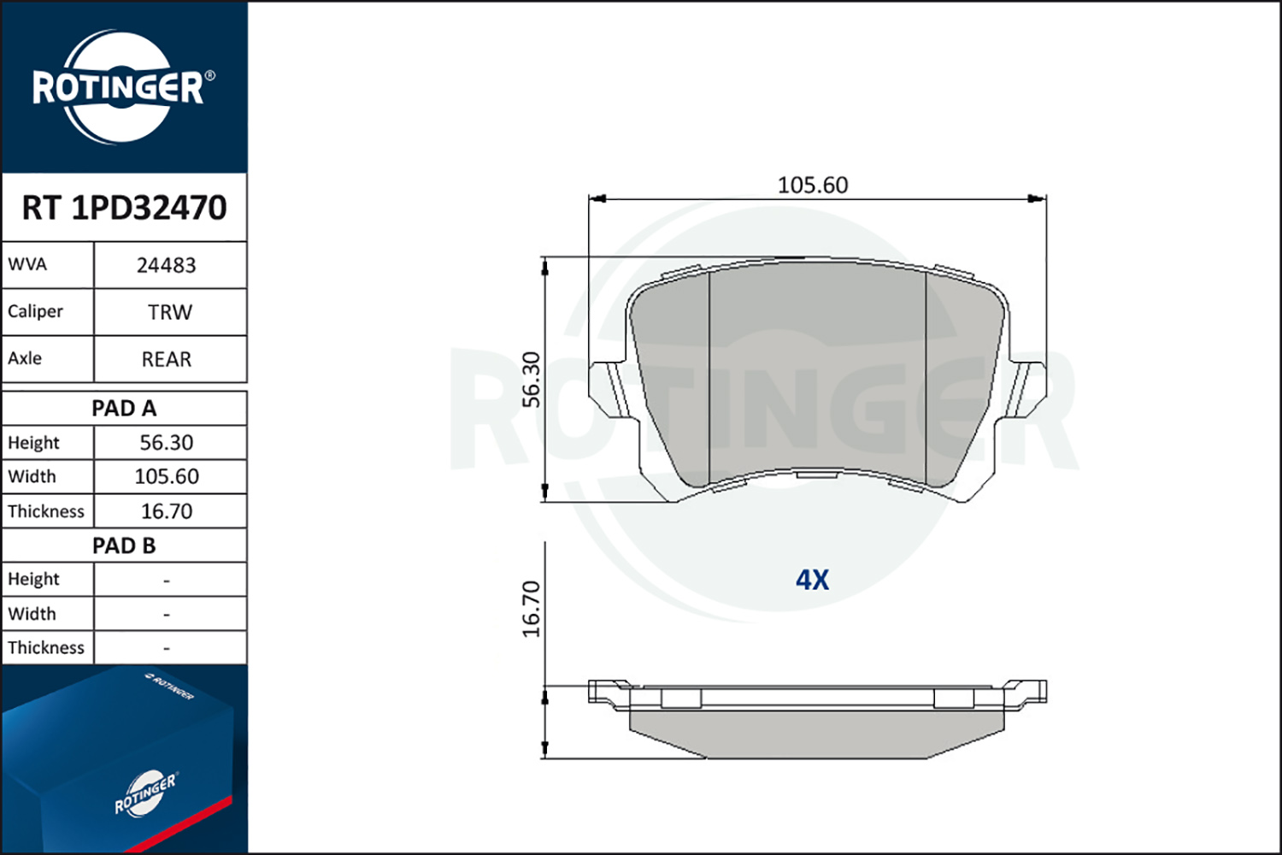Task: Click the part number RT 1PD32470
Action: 124,207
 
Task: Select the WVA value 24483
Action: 167,266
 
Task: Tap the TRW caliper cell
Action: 170,313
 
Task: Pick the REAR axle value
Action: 167,360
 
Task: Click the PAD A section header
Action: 124,409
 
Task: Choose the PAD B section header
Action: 124,545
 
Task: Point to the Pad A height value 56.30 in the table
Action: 167,443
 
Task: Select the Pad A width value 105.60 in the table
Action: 167,476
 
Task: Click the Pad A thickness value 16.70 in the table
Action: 167,510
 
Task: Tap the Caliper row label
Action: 35,311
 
